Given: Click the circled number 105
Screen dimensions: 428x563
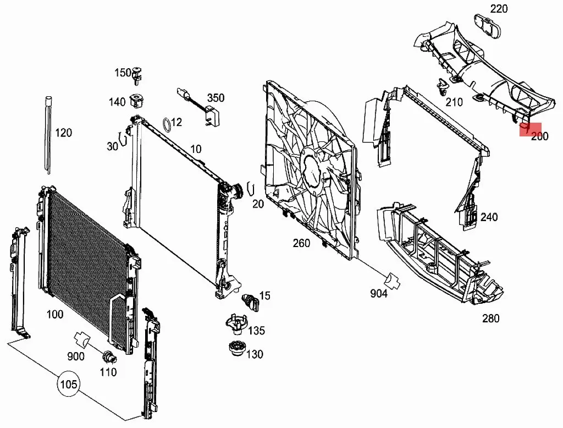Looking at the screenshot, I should [69, 383].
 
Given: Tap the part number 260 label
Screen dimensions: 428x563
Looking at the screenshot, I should [301, 243].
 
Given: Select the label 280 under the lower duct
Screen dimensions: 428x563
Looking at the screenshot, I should [490, 318].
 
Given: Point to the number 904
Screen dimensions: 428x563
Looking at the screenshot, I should [379, 294].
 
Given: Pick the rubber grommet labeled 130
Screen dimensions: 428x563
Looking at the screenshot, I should [235, 350].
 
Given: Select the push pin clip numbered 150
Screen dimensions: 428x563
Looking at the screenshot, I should [137, 75].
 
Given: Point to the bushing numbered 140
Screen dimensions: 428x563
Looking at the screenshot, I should [136, 102].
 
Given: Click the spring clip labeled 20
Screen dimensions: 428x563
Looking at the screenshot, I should [251, 188].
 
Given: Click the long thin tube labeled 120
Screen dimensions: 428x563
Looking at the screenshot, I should [49, 135].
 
